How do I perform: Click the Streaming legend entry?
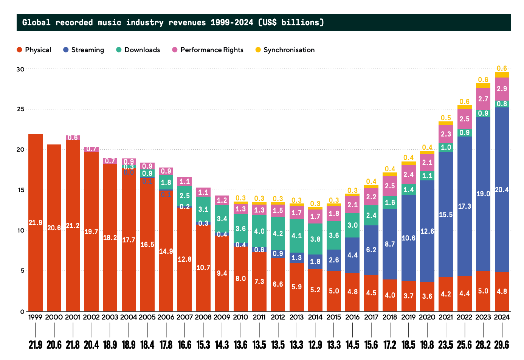[83, 50]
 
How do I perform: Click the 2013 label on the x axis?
[296, 317]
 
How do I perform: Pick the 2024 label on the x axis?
[502, 317]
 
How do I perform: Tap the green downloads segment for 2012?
[278, 233]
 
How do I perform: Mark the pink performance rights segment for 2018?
[390, 186]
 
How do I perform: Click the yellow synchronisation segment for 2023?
[483, 85]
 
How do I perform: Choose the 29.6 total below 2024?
[502, 345]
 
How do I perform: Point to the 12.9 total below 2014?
[315, 345]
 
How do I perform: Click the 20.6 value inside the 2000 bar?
[54, 228]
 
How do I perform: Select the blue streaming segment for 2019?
[409, 238]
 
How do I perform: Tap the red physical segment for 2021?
[446, 294]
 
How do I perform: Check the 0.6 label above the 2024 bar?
[502, 68]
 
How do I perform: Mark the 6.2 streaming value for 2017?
[371, 250]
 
